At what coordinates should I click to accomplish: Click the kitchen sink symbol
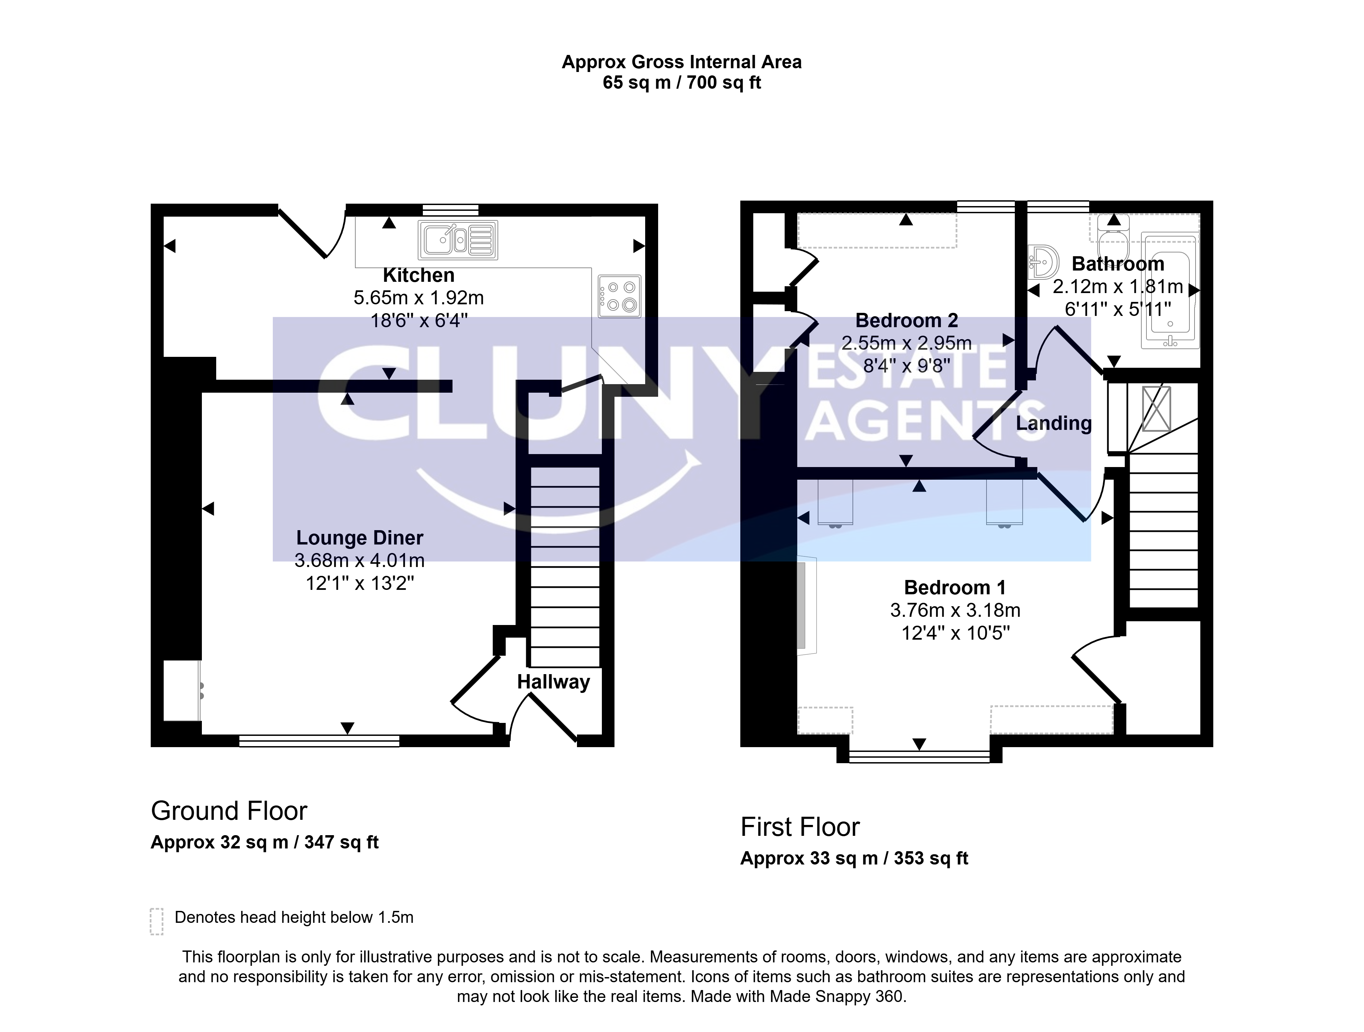(458, 239)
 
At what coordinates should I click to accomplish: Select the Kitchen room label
(419, 275)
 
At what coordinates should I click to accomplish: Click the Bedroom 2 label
(906, 321)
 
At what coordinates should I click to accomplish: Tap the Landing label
(1054, 423)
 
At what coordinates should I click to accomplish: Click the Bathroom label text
(1118, 264)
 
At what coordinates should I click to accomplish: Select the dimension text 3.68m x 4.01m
(359, 561)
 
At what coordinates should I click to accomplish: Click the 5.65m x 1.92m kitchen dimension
(419, 298)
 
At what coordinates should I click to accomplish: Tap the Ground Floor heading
(229, 811)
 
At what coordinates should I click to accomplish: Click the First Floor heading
(800, 827)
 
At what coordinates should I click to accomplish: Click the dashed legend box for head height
(157, 921)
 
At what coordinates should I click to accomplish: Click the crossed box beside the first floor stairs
(1156, 409)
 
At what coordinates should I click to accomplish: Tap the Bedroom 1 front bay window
(919, 757)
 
